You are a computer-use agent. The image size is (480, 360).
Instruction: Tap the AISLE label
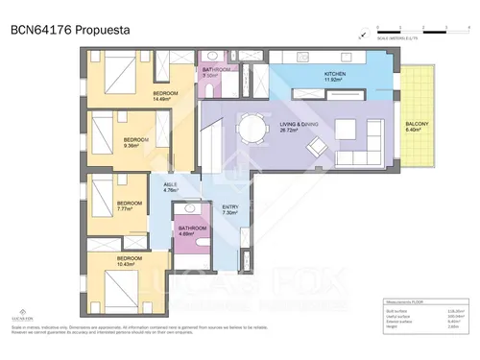(x=172, y=187)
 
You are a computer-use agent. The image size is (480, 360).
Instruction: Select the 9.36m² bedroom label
(x=135, y=144)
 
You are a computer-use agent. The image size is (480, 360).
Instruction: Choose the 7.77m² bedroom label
(x=130, y=205)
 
